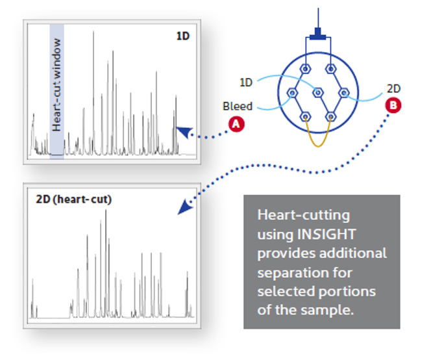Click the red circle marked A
(x=236, y=124)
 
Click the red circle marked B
(x=393, y=105)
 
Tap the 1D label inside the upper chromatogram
(x=183, y=36)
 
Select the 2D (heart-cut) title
(x=73, y=199)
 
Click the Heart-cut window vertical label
(x=56, y=84)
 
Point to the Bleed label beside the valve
(x=238, y=106)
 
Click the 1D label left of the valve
(x=246, y=83)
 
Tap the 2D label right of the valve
(x=393, y=88)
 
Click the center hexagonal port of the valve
(x=318, y=93)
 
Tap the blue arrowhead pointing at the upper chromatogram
(x=184, y=131)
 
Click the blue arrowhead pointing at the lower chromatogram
(x=185, y=207)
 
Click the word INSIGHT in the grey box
(x=326, y=234)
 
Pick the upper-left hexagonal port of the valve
(x=305, y=68)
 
